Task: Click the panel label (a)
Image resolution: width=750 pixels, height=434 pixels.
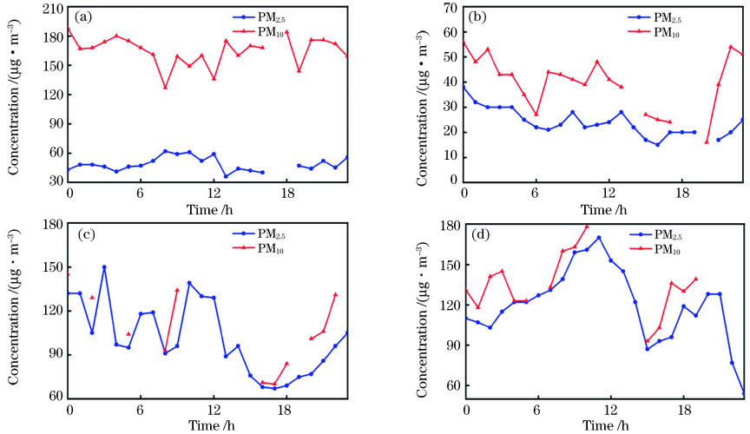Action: point(84,16)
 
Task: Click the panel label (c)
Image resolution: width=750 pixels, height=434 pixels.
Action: point(84,233)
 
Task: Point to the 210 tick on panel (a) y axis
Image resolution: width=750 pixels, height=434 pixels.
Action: point(52,8)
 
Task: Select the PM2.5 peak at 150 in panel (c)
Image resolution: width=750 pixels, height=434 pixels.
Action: point(104,267)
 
